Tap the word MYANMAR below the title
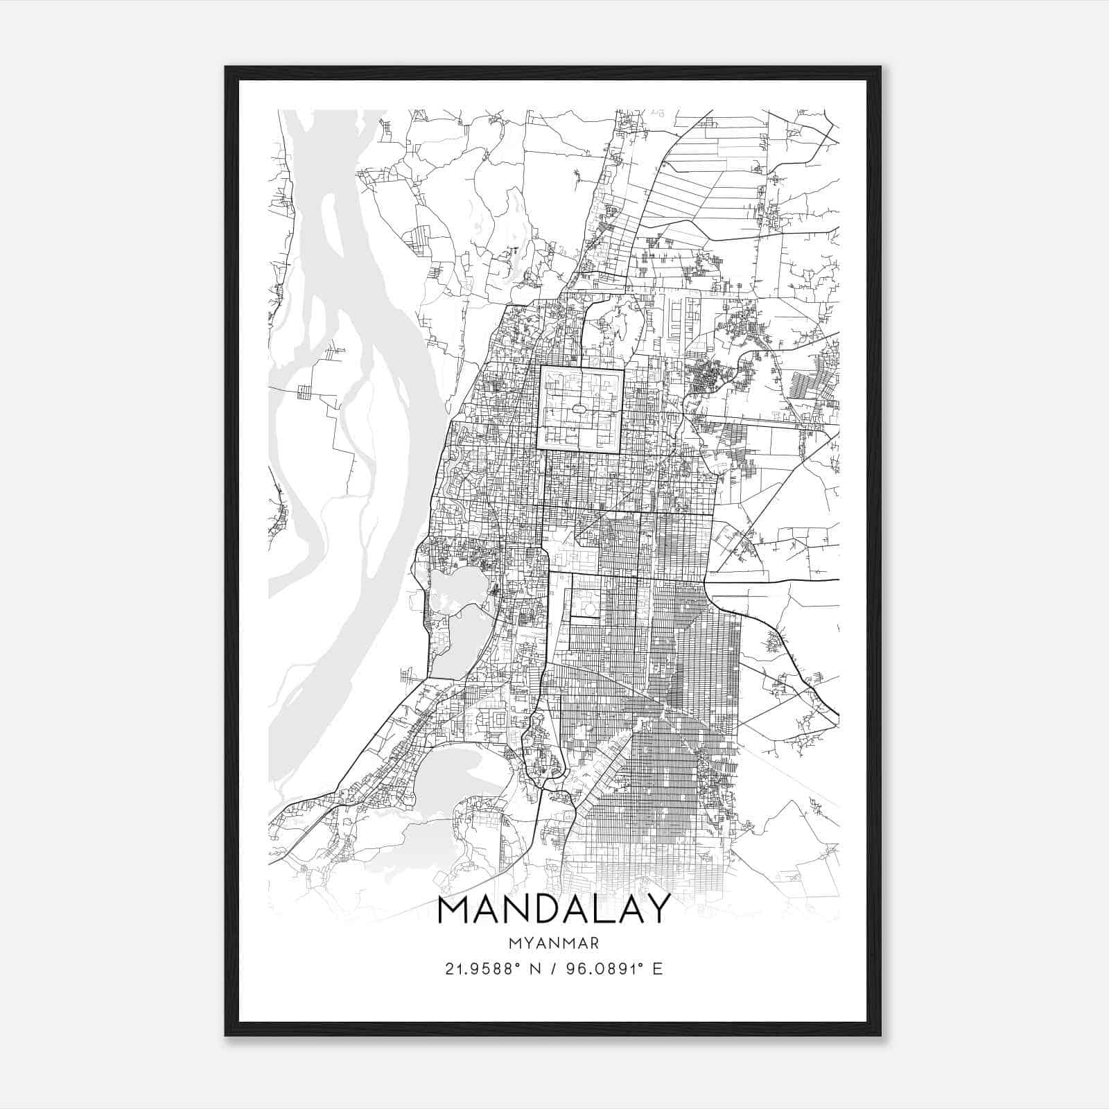coord(554,943)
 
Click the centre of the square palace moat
coord(581,410)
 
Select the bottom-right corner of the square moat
coord(622,453)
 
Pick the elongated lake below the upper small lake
coord(457,641)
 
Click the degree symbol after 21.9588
coord(516,963)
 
